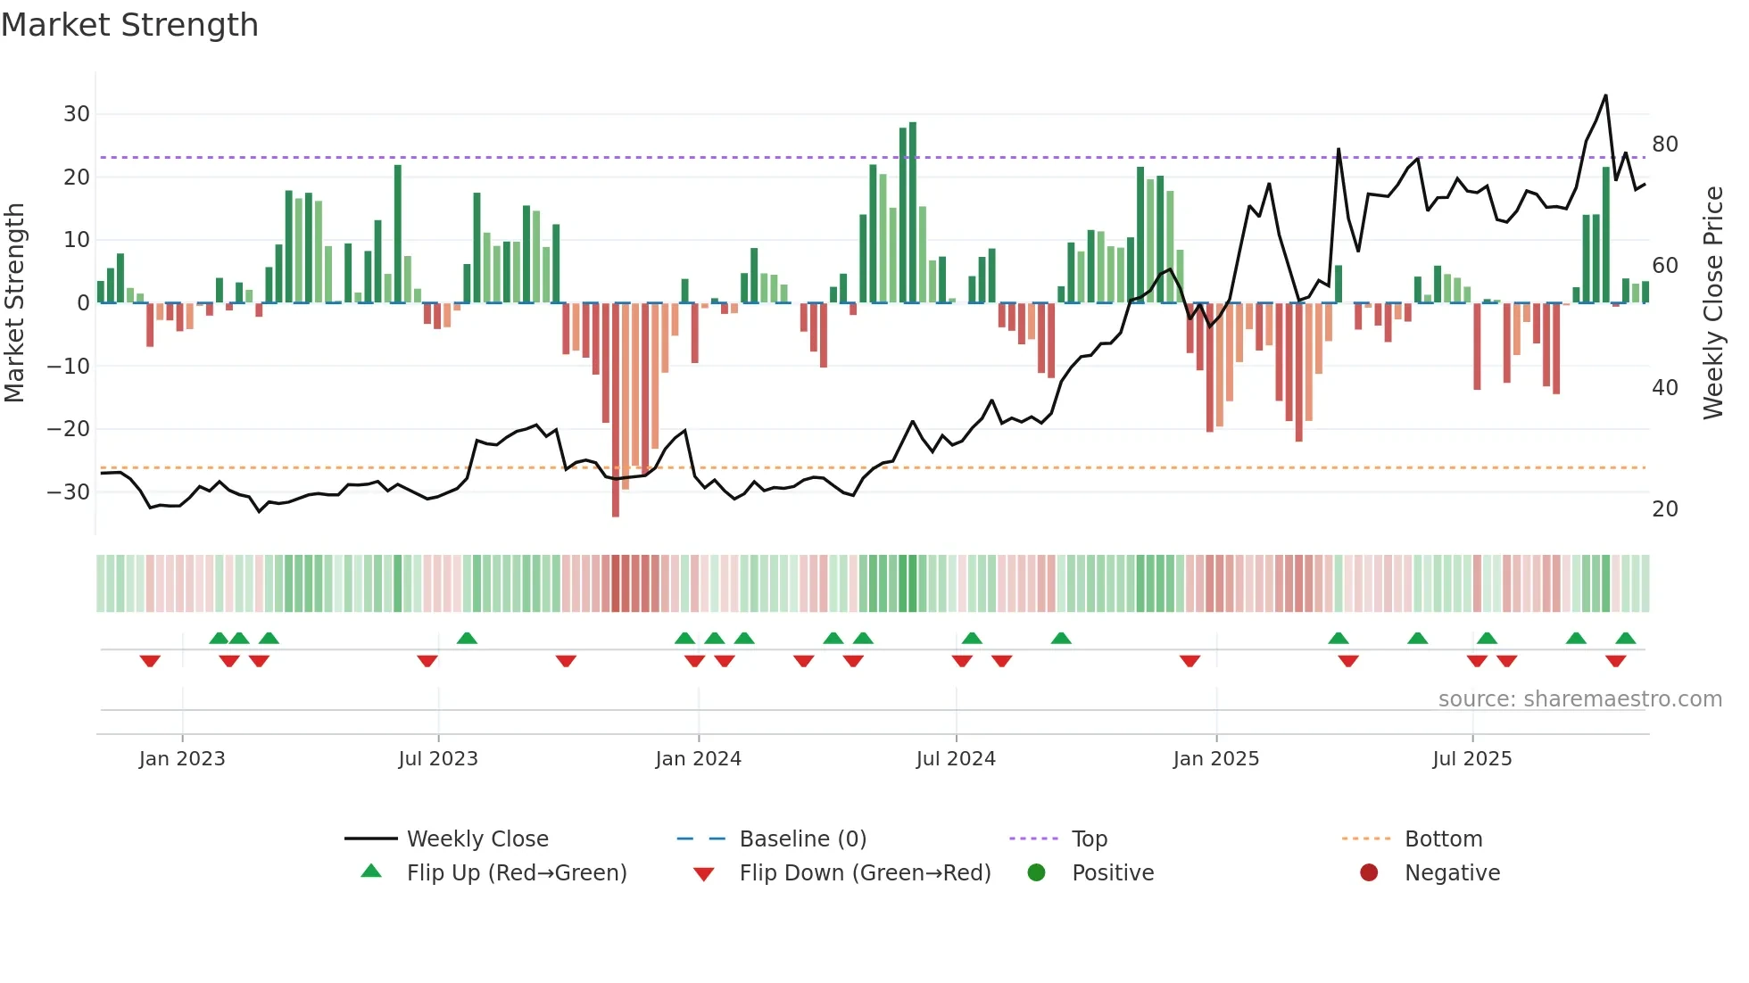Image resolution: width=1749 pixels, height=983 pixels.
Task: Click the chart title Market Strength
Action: pyautogui.click(x=129, y=25)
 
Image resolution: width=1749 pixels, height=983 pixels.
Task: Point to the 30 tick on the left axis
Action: pyautogui.click(x=77, y=114)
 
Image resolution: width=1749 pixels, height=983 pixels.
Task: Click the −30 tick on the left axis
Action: pyautogui.click(x=69, y=491)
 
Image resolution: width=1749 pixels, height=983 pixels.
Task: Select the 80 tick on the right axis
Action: pyautogui.click(x=1664, y=145)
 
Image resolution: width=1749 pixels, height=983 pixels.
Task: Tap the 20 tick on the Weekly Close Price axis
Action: pyautogui.click(x=1664, y=509)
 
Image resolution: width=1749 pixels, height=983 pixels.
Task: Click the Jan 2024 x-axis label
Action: pyautogui.click(x=698, y=759)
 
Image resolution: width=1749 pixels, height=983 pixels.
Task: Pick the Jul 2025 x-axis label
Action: pyautogui.click(x=1471, y=759)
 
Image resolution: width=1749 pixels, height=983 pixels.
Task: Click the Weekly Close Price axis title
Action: pyautogui.click(x=1712, y=303)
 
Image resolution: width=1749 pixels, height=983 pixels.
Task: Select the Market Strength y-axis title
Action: pyautogui.click(x=15, y=303)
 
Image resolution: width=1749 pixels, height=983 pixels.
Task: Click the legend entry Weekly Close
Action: pyautogui.click(x=477, y=839)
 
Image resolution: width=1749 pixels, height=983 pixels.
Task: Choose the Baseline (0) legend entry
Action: pyautogui.click(x=802, y=839)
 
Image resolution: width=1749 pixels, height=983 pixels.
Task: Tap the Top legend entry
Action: pyautogui.click(x=1089, y=839)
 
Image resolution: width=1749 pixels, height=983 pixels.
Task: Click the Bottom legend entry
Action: pyautogui.click(x=1443, y=839)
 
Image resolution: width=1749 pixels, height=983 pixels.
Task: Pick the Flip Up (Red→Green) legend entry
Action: pyautogui.click(x=517, y=873)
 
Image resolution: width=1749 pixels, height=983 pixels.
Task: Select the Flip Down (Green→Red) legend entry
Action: pyautogui.click(x=865, y=873)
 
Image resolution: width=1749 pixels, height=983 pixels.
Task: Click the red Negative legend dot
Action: pyautogui.click(x=1369, y=873)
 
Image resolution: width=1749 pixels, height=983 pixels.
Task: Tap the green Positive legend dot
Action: pyautogui.click(x=1036, y=873)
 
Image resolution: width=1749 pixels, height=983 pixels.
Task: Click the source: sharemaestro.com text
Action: pyautogui.click(x=1579, y=699)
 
